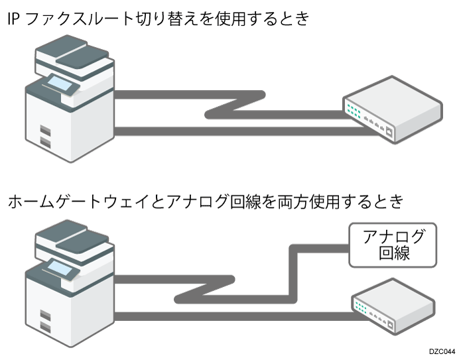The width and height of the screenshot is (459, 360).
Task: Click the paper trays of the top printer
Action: pyautogui.click(x=45, y=135)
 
